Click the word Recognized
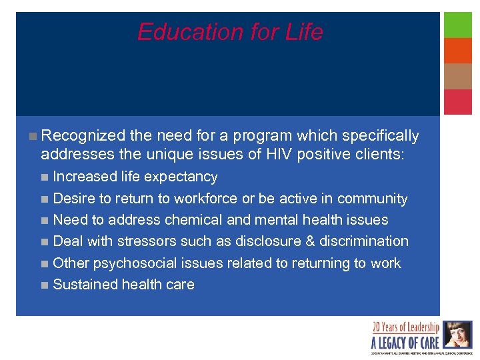(x=83, y=136)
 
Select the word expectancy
(x=181, y=177)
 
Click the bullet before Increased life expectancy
(x=44, y=177)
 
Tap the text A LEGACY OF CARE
(x=405, y=343)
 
